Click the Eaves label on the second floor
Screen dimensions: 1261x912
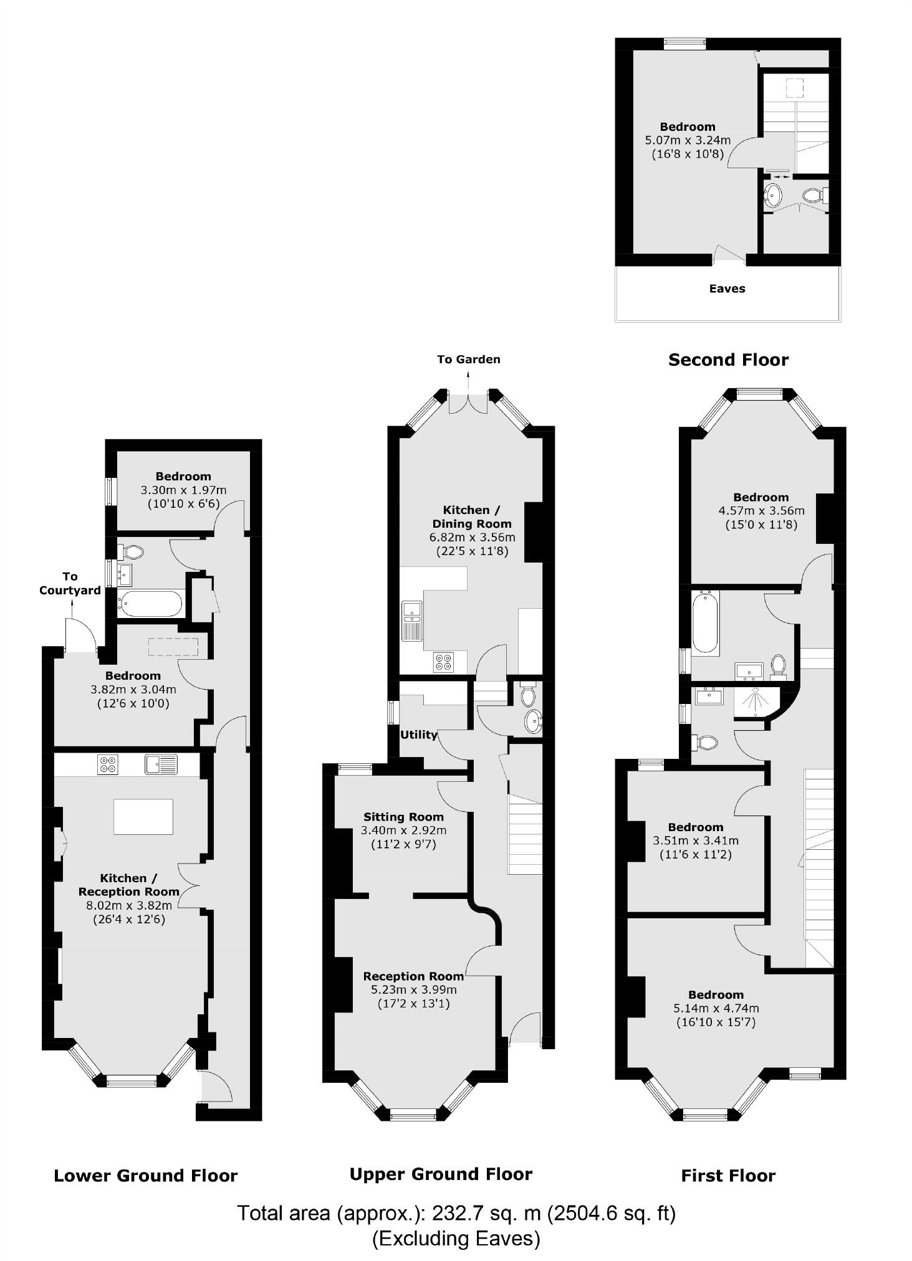pyautogui.click(x=727, y=288)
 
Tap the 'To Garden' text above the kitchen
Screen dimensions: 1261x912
pyautogui.click(x=468, y=359)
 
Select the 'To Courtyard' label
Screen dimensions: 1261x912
pyautogui.click(x=70, y=583)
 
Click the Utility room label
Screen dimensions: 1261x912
pyautogui.click(x=418, y=735)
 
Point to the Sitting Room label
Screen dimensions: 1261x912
pyautogui.click(x=403, y=816)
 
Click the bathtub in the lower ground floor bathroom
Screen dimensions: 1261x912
pyautogui.click(x=151, y=604)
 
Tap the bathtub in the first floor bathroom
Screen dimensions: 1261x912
pyautogui.click(x=705, y=623)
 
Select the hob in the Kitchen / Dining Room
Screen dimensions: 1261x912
pyautogui.click(x=444, y=662)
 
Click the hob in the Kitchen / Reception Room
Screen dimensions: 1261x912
pyautogui.click(x=108, y=764)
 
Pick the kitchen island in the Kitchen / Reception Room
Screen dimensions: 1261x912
pyautogui.click(x=143, y=816)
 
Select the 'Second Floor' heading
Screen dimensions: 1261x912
pyautogui.click(x=728, y=359)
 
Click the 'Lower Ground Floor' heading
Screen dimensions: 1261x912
pyautogui.click(x=145, y=1176)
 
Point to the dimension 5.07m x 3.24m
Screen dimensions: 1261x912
pyautogui.click(x=688, y=140)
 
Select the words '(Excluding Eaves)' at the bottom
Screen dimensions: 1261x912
pyautogui.click(x=456, y=1238)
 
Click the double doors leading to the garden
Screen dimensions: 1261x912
pyautogui.click(x=468, y=403)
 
